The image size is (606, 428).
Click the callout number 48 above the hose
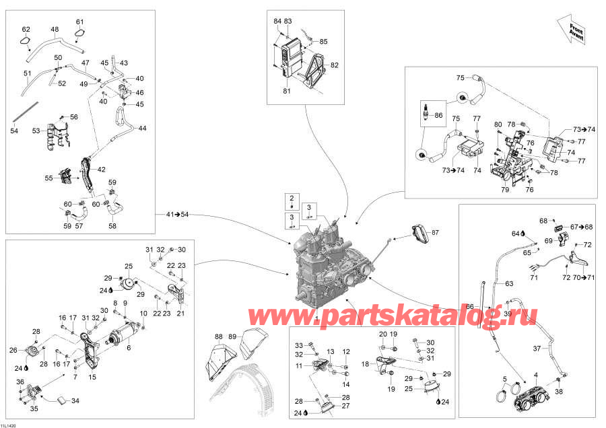pos(55,30)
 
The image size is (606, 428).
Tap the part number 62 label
pos(26,30)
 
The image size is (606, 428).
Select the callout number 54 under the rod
pos(14,131)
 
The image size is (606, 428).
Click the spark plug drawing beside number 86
pos(427,112)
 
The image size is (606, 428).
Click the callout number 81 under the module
pos(287,91)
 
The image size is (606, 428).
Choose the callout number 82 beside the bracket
pos(335,65)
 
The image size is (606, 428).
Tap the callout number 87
pos(435,233)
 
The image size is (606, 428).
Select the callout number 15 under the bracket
pos(92,377)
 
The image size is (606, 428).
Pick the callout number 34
pos(75,401)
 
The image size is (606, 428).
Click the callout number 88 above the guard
pos(219,337)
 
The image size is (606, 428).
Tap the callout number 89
pos(232,336)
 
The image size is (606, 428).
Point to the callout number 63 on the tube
pos(510,284)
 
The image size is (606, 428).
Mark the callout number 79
pos(505,190)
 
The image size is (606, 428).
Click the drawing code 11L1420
pos(8,425)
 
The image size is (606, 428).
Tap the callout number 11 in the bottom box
pos(299,365)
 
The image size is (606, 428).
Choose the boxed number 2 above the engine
pos(292,198)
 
